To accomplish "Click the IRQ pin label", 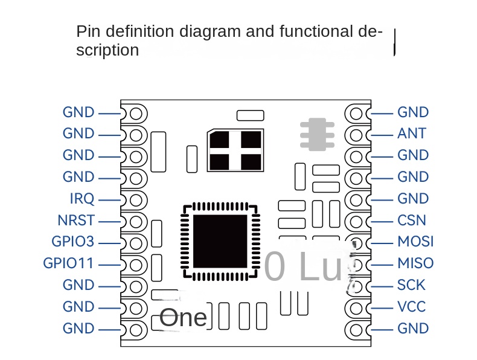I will (82, 199).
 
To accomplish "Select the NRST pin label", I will (76, 220).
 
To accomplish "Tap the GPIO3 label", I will (73, 242).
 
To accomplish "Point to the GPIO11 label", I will (69, 263).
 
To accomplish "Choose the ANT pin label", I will (412, 133).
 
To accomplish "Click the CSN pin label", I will (412, 220).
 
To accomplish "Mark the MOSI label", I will (415, 242).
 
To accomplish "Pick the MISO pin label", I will (415, 263).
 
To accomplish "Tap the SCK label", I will (411, 285).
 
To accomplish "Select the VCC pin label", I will (411, 307).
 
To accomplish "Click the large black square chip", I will (220, 240).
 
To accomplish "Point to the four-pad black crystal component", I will (235, 150).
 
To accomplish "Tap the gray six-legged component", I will (317, 134).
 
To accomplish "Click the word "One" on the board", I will (184, 317).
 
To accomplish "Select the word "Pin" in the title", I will (86, 31).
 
